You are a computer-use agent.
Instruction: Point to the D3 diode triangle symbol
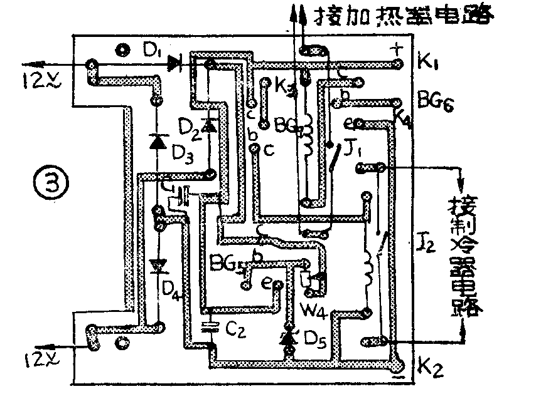click(157, 142)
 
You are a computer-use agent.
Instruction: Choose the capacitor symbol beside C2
click(210, 326)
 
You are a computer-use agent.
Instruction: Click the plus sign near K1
click(396, 48)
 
